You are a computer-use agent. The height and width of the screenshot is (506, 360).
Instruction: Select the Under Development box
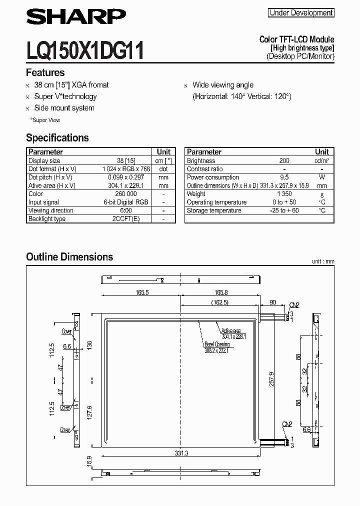[301, 13]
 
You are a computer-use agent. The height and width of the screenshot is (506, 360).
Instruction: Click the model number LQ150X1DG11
[85, 51]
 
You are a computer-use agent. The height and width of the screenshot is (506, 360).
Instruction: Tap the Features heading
[45, 72]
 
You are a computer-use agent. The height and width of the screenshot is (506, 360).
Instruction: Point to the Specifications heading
[57, 138]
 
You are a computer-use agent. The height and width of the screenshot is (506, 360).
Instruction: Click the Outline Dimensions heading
[69, 257]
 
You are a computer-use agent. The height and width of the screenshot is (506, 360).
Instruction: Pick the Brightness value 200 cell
[284, 161]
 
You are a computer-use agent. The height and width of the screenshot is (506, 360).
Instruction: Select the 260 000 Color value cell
[125, 194]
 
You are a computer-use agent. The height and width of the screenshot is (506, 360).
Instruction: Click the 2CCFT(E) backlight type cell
[125, 219]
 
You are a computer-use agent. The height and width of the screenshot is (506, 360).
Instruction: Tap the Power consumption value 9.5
[284, 177]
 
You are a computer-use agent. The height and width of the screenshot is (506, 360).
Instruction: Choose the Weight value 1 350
[284, 194]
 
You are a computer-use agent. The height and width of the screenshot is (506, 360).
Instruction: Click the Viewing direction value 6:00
[125, 210]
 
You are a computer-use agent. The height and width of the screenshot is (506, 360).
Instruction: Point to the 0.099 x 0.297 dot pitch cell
[125, 177]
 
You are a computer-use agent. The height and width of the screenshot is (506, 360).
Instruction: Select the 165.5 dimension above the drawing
[141, 292]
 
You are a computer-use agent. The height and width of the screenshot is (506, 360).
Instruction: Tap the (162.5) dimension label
[219, 302]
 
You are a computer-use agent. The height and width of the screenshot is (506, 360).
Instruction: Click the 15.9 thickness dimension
[90, 462]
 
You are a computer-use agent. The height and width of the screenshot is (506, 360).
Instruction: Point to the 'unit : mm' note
[322, 261]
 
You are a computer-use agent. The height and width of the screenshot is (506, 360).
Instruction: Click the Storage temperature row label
[214, 210]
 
